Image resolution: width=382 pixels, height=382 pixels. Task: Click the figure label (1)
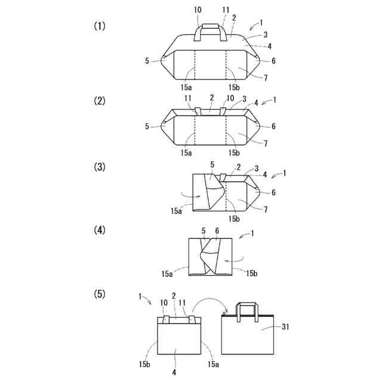(99, 26)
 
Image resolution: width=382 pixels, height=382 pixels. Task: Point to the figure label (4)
(99, 230)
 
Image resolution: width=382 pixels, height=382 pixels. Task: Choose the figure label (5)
(99, 294)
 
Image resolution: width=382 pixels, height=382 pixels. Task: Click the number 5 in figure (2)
(147, 126)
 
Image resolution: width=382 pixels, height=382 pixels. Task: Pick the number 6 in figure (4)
(217, 230)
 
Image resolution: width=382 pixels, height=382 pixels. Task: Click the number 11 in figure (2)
(187, 97)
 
